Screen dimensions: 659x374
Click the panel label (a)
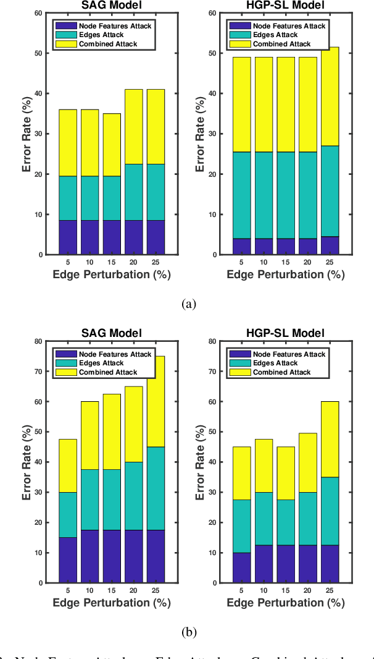coord(189,304)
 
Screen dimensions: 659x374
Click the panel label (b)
coord(189,632)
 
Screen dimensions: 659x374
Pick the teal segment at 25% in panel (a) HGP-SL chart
coord(330,191)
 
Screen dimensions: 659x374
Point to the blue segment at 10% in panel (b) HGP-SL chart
coord(263,564)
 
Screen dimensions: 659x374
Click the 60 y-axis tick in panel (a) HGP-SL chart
coord(212,13)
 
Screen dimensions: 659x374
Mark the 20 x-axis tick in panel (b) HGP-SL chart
coord(307,590)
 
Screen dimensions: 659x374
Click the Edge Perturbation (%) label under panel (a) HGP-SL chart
coord(286,274)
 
